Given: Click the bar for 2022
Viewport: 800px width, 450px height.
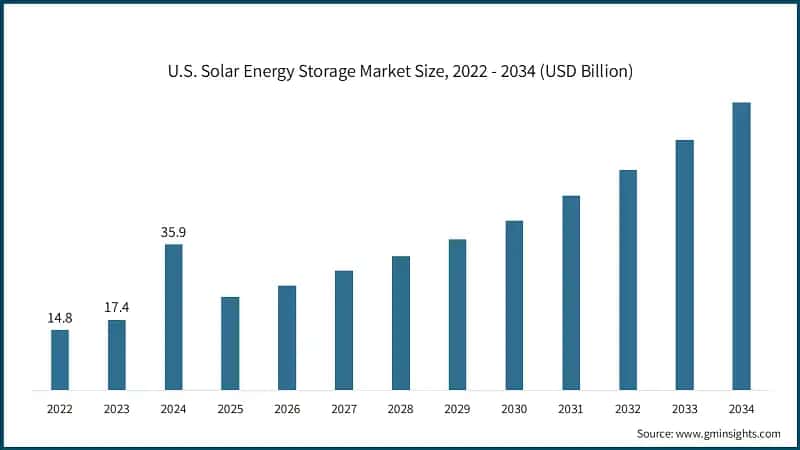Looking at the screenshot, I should point(60,359).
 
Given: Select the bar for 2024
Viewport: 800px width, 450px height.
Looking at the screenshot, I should point(173,316).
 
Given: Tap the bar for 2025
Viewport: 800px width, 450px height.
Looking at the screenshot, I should point(230,343).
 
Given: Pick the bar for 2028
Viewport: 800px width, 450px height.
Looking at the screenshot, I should point(400,322).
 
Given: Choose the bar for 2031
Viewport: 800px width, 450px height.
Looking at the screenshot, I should point(571,292).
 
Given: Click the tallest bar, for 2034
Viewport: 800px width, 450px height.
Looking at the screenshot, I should point(741,245).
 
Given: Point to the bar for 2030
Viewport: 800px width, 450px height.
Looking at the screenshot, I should point(514,304).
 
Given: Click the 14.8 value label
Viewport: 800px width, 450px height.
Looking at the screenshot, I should point(60,318).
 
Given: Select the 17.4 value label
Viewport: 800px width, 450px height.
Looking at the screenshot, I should point(117,308).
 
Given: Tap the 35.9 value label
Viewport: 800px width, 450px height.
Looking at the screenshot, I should point(173,232).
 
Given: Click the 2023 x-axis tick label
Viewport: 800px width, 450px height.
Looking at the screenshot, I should point(117,409).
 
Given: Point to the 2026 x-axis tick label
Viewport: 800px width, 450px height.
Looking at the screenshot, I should point(287,409).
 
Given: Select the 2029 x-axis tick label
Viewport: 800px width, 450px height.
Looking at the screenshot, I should point(457,409).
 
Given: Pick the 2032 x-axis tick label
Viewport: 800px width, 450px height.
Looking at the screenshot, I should point(628,409).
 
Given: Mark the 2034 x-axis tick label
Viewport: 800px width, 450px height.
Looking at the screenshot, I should point(741,409).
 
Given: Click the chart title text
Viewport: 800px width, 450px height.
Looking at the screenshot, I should point(400,71).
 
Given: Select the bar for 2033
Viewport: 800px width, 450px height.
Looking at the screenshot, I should point(684,264).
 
